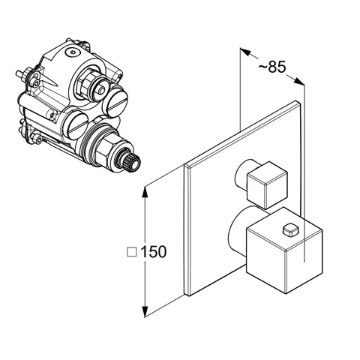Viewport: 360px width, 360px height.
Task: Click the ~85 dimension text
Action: pyautogui.click(x=271, y=67)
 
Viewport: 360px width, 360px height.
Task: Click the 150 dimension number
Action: pyautogui.click(x=154, y=251)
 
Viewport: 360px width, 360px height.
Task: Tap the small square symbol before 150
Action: pyautogui.click(x=132, y=252)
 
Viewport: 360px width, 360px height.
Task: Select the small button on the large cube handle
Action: pyautogui.click(x=291, y=230)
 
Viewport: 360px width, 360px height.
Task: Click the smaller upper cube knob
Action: pyautogui.click(x=267, y=185)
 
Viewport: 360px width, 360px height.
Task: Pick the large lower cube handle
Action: pyautogui.click(x=284, y=250)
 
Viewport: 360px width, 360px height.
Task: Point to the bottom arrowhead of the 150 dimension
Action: pyautogui.click(x=145, y=310)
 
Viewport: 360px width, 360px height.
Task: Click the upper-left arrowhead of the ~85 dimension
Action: pyautogui.click(x=245, y=51)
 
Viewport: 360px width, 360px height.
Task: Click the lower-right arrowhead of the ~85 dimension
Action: pyautogui.click(x=299, y=81)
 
